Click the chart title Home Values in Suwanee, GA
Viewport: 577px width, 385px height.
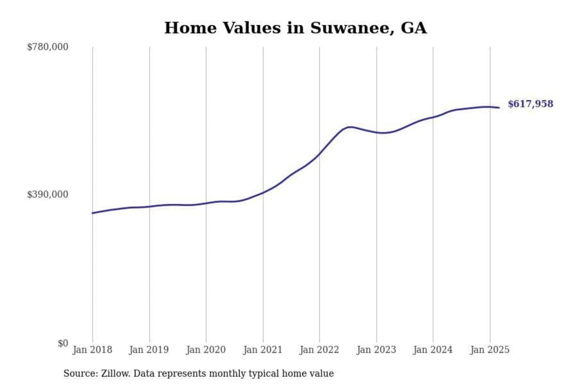point(295,28)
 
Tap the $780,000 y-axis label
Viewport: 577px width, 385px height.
point(48,47)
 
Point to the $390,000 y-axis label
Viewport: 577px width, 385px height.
point(48,195)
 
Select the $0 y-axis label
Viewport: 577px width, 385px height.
point(63,343)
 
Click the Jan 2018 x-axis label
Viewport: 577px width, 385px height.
point(93,350)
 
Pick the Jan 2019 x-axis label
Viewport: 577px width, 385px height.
point(149,350)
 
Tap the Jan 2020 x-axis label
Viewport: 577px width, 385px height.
point(206,350)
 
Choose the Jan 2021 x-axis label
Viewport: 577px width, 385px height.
point(263,350)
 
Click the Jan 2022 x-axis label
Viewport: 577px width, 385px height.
point(319,350)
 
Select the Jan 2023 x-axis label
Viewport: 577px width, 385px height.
point(376,350)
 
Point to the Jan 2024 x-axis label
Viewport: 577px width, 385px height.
point(433,350)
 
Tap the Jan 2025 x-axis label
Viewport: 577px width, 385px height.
point(490,350)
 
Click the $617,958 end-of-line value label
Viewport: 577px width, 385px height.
point(530,104)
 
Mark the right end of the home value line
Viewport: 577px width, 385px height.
point(499,107)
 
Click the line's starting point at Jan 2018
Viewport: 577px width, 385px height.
point(93,213)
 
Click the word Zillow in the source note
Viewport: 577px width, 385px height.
point(115,373)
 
